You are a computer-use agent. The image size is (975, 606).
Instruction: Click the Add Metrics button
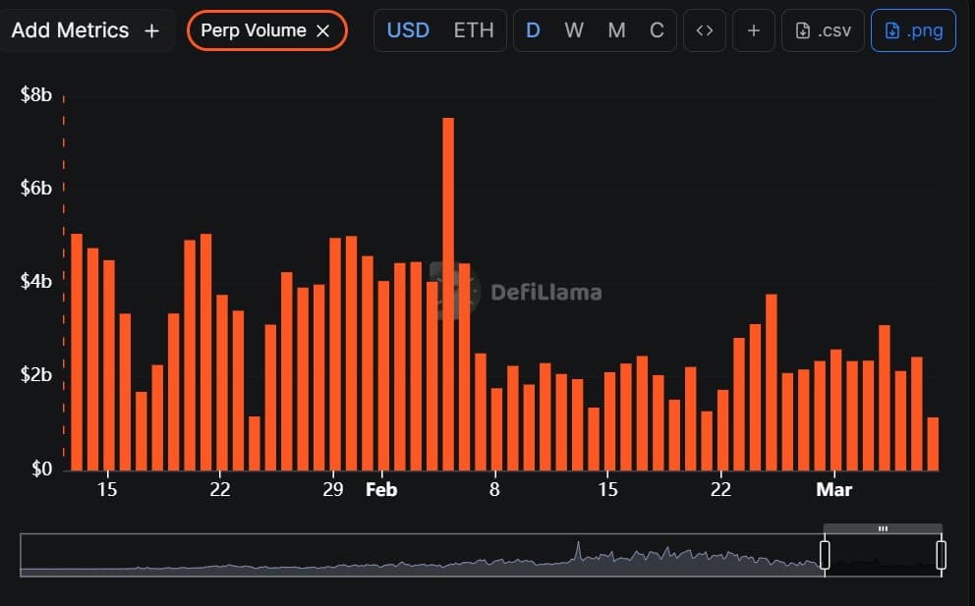(85, 30)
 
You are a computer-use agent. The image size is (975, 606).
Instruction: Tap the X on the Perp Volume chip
(323, 30)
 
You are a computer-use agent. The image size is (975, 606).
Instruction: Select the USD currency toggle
(408, 30)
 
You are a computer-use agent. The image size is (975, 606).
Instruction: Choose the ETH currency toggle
(473, 30)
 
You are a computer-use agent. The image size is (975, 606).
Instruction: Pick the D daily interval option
(533, 30)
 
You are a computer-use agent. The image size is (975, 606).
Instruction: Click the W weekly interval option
(574, 30)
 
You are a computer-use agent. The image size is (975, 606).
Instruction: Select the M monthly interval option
(616, 30)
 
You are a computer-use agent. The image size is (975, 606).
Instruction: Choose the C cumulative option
(657, 30)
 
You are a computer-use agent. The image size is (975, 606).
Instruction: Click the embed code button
(704, 30)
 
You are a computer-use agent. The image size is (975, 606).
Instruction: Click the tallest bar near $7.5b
(448, 295)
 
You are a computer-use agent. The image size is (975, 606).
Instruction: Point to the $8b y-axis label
(36, 95)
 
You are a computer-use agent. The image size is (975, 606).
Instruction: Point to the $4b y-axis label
(36, 282)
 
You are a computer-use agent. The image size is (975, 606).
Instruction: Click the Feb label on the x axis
(380, 489)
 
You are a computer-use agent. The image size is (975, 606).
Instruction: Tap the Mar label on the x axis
(833, 489)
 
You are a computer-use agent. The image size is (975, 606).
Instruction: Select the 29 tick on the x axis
(333, 489)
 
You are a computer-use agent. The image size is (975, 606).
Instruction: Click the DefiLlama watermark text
(545, 292)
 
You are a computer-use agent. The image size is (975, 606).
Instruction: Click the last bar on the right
(932, 444)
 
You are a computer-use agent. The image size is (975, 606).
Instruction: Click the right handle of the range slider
(941, 555)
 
